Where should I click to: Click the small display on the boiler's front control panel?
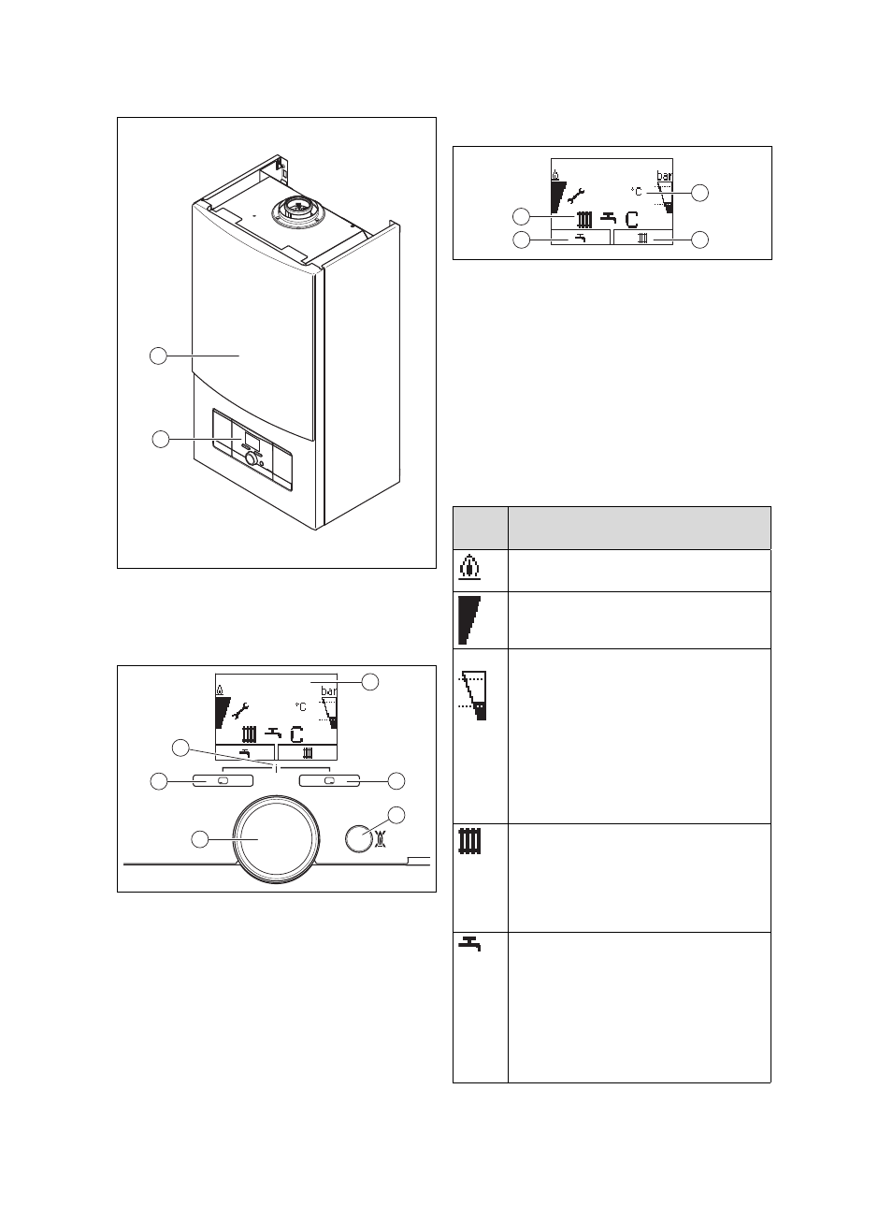click(252, 439)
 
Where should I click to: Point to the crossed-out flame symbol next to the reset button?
click(382, 838)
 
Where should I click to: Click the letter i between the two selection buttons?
click(277, 768)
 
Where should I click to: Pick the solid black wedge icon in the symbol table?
click(467, 619)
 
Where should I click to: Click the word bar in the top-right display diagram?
click(664, 175)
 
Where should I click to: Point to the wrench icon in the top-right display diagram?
click(576, 196)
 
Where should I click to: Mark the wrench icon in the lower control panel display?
click(240, 709)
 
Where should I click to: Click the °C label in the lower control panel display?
click(300, 707)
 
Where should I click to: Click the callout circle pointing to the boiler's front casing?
click(159, 356)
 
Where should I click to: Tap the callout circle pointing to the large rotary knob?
click(199, 839)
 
